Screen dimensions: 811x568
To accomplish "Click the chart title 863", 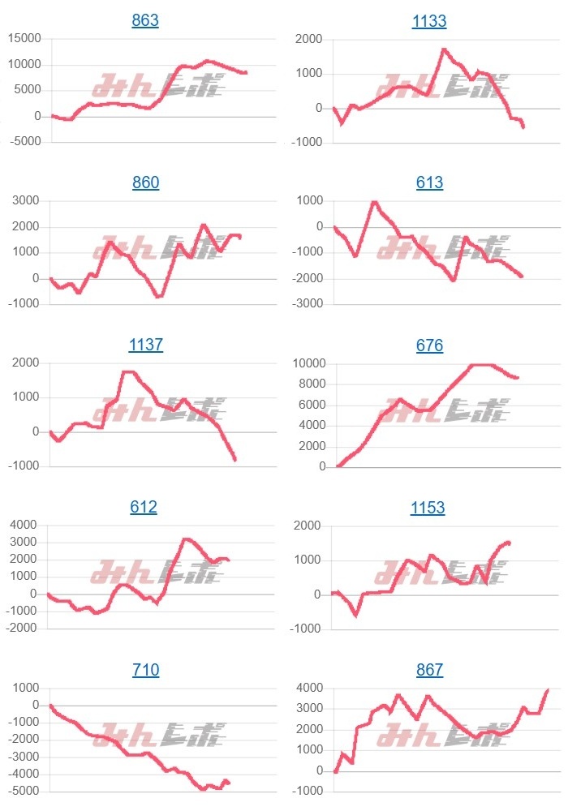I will click(x=145, y=21).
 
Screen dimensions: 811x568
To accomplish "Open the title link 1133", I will click(x=429, y=21).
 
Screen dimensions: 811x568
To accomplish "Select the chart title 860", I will click(x=145, y=182).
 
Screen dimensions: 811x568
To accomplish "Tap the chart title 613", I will click(x=429, y=182).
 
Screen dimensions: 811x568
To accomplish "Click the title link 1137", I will click(x=145, y=345).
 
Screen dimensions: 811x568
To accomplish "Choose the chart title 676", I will click(x=429, y=345).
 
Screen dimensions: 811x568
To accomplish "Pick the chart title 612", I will click(x=144, y=508).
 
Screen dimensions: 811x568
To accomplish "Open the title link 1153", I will click(x=429, y=508).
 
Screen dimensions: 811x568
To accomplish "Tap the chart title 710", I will click(x=145, y=670).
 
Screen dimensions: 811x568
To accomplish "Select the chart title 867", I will click(x=429, y=670).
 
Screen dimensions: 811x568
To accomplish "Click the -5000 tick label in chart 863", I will click(x=24, y=143).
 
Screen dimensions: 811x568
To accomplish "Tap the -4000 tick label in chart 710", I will click(x=24, y=775).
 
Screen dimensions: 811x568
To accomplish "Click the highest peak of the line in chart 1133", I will click(x=444, y=49).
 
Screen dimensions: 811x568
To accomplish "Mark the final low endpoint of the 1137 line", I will click(x=235, y=460).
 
